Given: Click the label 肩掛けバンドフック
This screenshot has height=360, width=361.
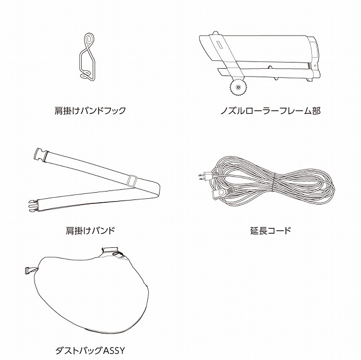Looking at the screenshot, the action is (90, 110).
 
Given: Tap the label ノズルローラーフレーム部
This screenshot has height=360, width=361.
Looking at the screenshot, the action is (270, 110).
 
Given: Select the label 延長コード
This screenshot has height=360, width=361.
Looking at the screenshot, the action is (271, 230).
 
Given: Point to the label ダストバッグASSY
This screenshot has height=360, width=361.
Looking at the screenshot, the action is (90, 350).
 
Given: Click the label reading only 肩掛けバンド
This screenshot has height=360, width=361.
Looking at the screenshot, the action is (90, 230).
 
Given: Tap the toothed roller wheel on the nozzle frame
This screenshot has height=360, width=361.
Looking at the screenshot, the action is (237, 87).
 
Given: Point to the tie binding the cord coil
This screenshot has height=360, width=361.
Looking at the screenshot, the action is (273, 181).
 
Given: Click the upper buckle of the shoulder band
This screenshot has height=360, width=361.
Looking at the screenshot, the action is (40, 154).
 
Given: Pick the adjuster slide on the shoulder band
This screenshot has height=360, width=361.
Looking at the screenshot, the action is (132, 180).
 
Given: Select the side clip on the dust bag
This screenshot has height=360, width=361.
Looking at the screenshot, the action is (30, 270).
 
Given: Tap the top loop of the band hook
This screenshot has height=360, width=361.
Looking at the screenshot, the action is (89, 41).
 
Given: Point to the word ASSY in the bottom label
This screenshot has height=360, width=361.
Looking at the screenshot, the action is (113, 351).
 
